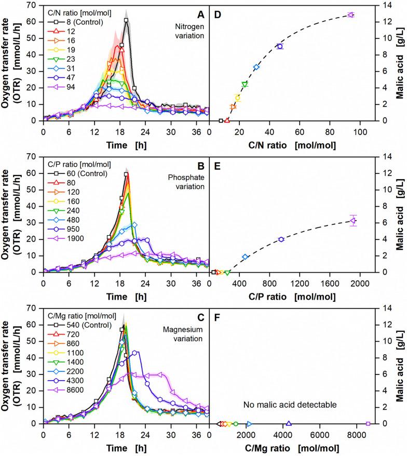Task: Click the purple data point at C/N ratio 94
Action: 350,15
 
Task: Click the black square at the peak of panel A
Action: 126,20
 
